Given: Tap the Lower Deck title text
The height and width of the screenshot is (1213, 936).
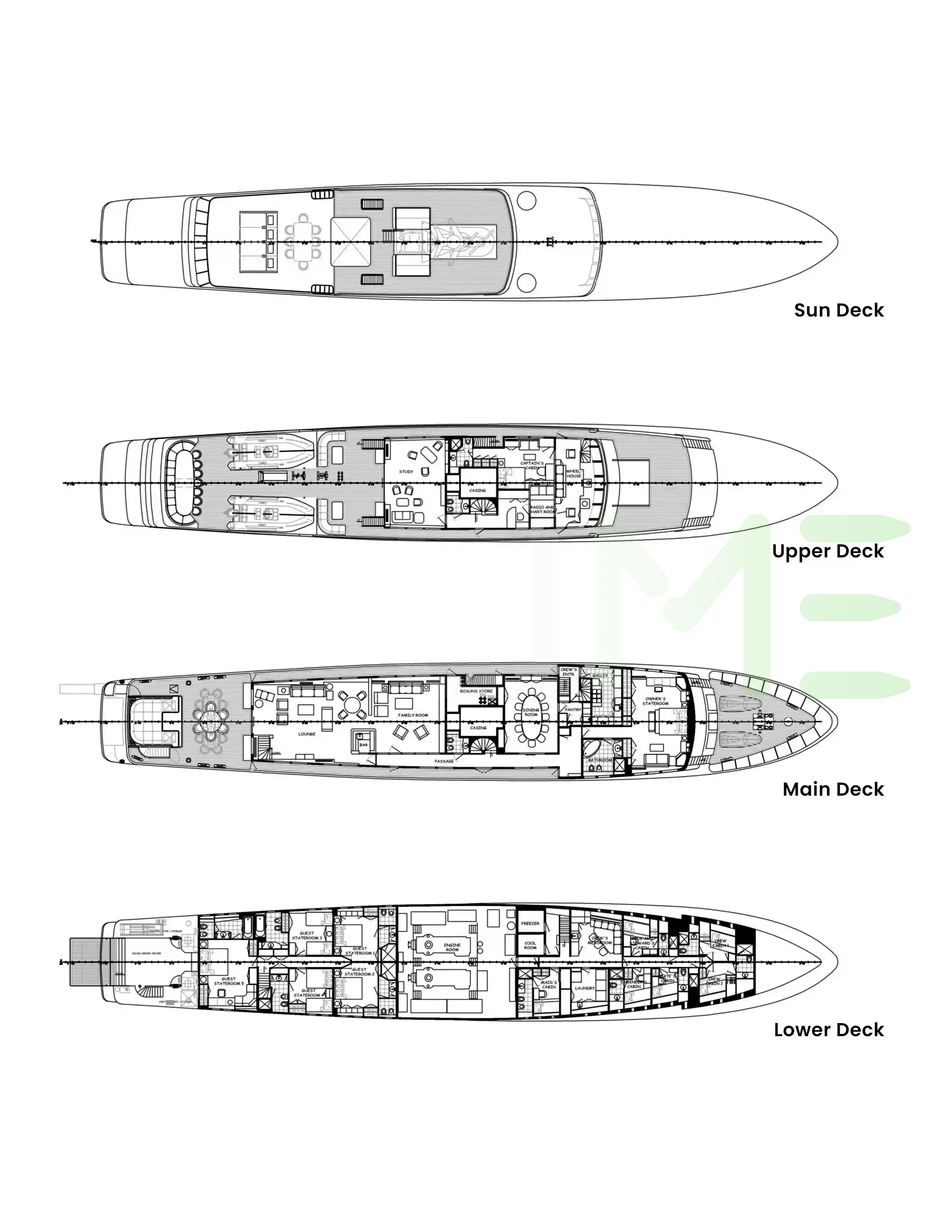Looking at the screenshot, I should (x=828, y=1030).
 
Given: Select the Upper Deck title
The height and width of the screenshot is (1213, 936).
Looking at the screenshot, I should (x=827, y=551).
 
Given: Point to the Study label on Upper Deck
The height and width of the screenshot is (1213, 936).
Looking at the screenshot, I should (x=406, y=472).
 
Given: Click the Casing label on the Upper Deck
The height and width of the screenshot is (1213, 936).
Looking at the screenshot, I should (x=477, y=490).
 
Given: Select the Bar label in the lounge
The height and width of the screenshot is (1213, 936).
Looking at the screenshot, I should (x=364, y=744).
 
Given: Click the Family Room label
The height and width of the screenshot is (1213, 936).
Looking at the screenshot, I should (x=413, y=716).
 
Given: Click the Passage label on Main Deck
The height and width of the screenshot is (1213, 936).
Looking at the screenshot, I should (x=444, y=761).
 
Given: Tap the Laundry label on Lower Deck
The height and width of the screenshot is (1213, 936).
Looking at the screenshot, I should (x=584, y=988).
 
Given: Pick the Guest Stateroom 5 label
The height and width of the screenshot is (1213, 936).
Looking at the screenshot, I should (x=229, y=981).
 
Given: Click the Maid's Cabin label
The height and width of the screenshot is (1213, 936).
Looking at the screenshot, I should (x=548, y=985).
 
